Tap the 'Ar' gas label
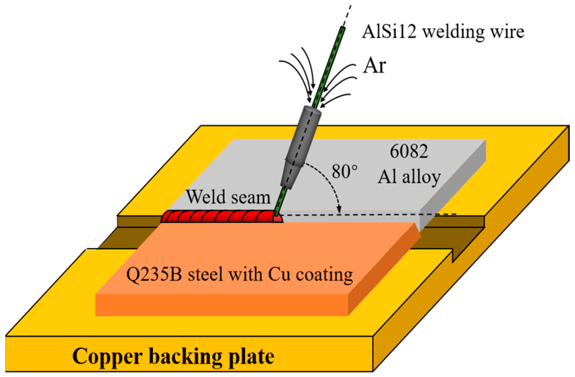[x=374, y=65]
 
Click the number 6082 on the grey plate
[x=409, y=151]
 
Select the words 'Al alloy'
[x=409, y=177]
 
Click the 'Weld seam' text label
[x=228, y=197]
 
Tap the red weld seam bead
[x=220, y=217]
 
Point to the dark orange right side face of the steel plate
[x=384, y=270]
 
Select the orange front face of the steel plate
[x=220, y=305]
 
